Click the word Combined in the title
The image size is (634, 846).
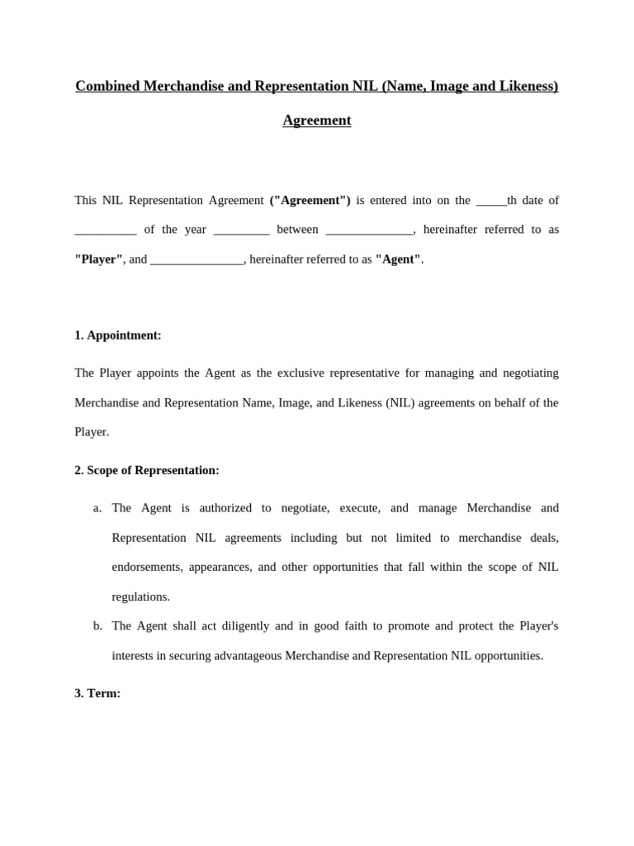pyautogui.click(x=106, y=86)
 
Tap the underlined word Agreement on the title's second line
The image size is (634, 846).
pyautogui.click(x=317, y=121)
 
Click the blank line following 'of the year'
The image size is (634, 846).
pyautogui.click(x=241, y=231)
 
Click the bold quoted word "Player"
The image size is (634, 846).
pyautogui.click(x=99, y=259)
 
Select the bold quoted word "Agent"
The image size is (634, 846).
pyautogui.click(x=399, y=259)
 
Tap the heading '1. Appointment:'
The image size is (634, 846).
pyautogui.click(x=118, y=335)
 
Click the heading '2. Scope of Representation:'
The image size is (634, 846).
pyautogui.click(x=147, y=470)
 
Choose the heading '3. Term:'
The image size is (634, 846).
pyautogui.click(x=97, y=693)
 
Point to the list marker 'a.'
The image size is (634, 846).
pyautogui.click(x=97, y=508)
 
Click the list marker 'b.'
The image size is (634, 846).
pyautogui.click(x=97, y=626)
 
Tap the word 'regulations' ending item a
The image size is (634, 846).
pyautogui.click(x=140, y=596)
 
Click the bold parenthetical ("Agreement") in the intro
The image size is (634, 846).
pyautogui.click(x=310, y=200)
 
